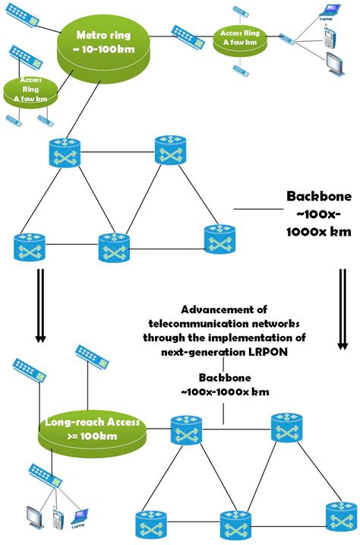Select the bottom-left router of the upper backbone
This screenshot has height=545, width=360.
[29, 247]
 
